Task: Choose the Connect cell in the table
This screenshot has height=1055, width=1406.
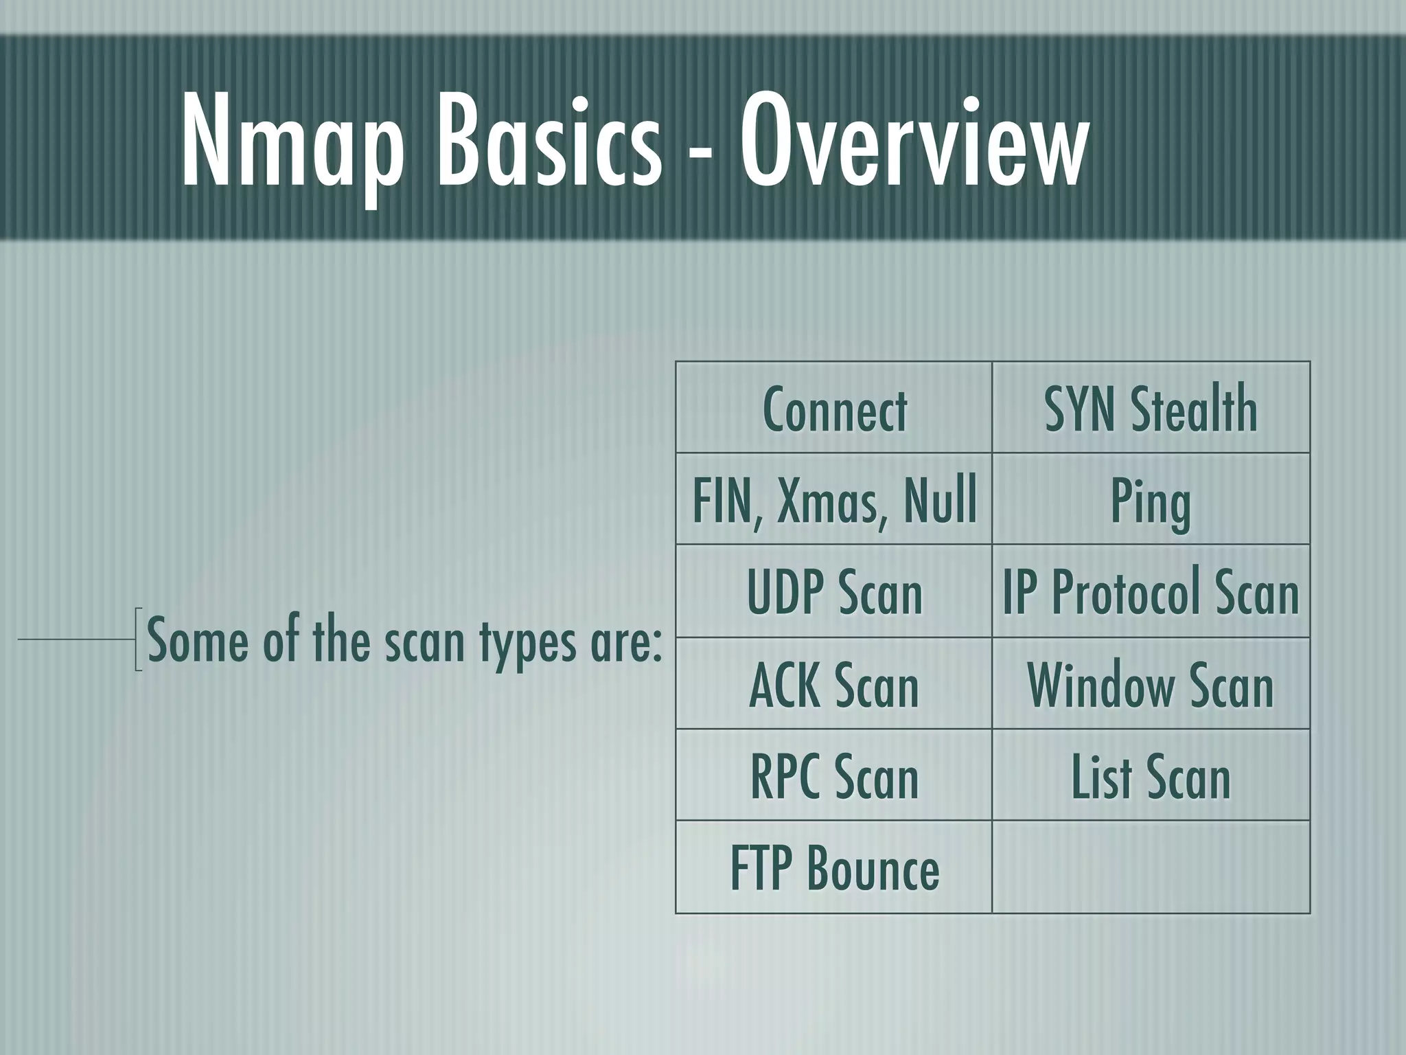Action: tap(834, 409)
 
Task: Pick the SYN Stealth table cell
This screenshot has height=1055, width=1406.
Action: tap(1151, 409)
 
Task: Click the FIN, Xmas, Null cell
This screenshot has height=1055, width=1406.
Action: tap(834, 501)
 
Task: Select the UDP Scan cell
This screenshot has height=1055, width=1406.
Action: tap(834, 592)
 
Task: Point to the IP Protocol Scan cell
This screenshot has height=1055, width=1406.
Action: tap(1151, 592)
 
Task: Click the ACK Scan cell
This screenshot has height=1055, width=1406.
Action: tap(834, 685)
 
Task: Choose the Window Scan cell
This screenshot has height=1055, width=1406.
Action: tap(1151, 685)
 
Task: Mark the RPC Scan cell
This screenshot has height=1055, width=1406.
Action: tap(834, 777)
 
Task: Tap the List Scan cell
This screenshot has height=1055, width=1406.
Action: tap(1151, 777)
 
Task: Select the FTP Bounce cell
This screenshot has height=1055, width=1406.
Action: tap(834, 868)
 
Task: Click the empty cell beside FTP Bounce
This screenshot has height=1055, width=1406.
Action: tap(1151, 867)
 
